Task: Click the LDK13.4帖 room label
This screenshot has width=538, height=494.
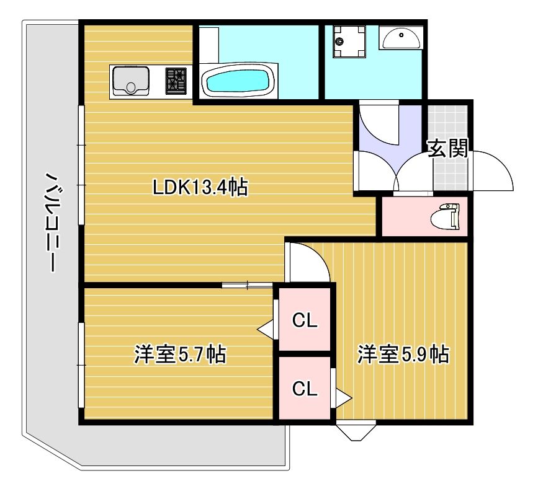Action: pyautogui.click(x=200, y=187)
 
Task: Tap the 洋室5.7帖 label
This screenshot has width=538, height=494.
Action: pyautogui.click(x=180, y=355)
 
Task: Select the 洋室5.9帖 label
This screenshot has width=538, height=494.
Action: pyautogui.click(x=403, y=355)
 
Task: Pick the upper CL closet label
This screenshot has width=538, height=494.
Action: pyautogui.click(x=305, y=320)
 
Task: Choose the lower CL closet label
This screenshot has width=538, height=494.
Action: pyautogui.click(x=305, y=389)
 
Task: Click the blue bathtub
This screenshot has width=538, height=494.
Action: pyautogui.click(x=238, y=82)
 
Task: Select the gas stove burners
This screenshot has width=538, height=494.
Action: pyautogui.click(x=176, y=81)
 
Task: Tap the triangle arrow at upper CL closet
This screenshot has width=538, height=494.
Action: pyautogui.click(x=267, y=329)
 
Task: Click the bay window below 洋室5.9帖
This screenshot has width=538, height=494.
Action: pyautogui.click(x=356, y=430)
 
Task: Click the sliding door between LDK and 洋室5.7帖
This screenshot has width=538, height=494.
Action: pyautogui.click(x=247, y=285)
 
